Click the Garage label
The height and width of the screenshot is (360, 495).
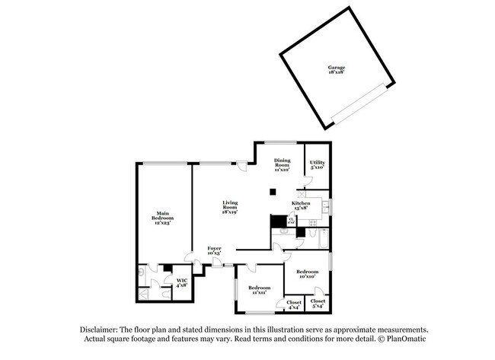point(337,70)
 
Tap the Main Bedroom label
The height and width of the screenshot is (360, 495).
point(162,217)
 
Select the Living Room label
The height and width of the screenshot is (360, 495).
point(229,207)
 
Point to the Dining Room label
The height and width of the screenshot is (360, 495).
point(282,164)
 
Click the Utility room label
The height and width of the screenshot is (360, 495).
point(318,164)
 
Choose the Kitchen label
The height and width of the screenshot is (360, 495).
point(302,205)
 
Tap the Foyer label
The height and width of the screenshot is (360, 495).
point(216,251)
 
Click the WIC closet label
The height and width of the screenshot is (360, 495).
point(181,282)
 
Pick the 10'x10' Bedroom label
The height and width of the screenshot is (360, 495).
point(307,274)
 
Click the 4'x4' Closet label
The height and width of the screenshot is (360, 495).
point(293,305)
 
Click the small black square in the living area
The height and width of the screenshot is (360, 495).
point(272,192)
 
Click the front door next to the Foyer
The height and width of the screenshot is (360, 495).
point(227,264)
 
